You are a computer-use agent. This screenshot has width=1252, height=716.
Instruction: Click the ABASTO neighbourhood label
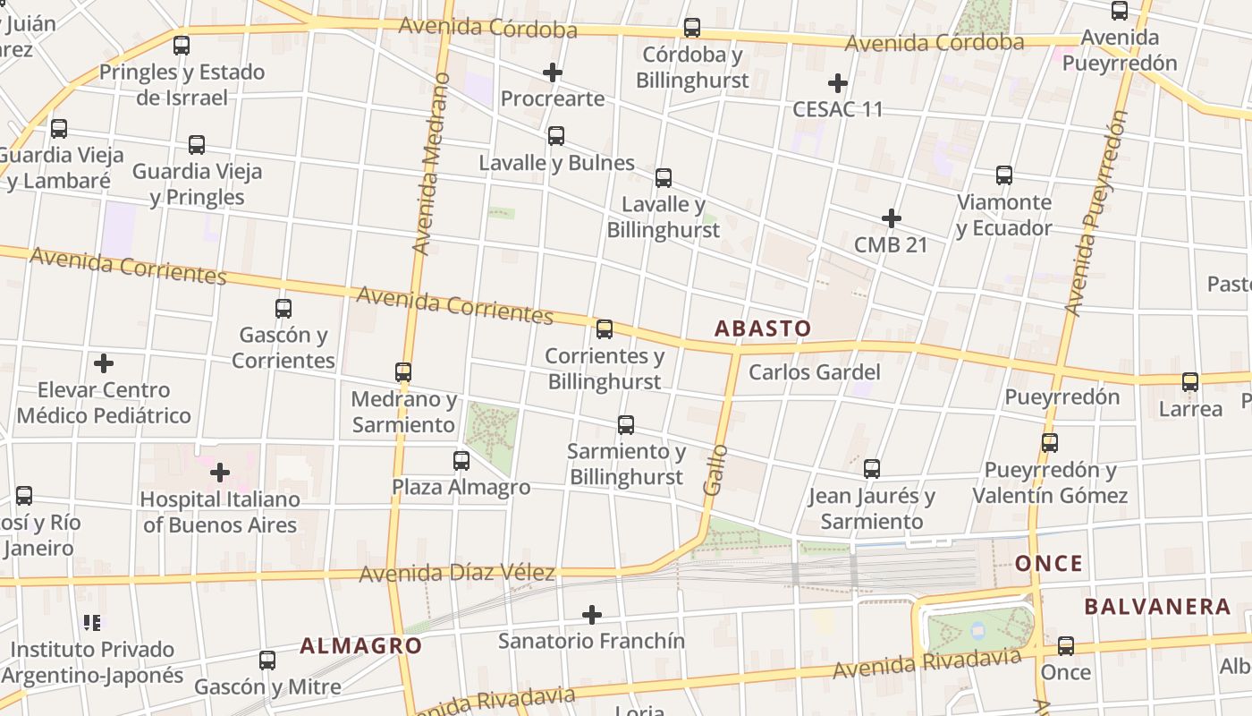point(763,328)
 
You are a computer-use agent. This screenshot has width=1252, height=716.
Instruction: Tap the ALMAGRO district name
point(360,645)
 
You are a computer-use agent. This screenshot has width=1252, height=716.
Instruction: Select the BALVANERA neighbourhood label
point(1157,607)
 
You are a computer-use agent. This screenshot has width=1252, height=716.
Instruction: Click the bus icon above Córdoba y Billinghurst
point(692,28)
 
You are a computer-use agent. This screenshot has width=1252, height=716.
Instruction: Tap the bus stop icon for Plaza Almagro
point(461,461)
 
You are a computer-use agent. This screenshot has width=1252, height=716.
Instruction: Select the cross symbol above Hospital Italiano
point(220,472)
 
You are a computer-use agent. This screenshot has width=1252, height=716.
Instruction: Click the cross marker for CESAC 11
point(838,83)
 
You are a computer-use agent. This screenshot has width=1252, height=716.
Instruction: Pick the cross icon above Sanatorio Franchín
point(591,615)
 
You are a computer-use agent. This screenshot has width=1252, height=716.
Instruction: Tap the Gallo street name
point(715,470)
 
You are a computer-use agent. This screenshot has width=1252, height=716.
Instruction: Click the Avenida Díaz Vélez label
point(457,573)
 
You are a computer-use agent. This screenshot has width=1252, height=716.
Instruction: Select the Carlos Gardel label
point(814,372)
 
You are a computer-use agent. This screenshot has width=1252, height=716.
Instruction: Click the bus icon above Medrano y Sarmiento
point(403,371)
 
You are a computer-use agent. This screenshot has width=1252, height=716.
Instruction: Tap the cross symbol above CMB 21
point(891,218)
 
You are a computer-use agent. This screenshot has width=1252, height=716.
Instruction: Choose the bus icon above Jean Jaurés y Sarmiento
point(872,468)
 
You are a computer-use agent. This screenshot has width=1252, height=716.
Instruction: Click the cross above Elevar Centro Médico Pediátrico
point(104,363)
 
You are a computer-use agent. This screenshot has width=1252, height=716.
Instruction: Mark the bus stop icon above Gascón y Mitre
point(267,661)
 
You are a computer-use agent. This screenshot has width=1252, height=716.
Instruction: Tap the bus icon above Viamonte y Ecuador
point(1004,175)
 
